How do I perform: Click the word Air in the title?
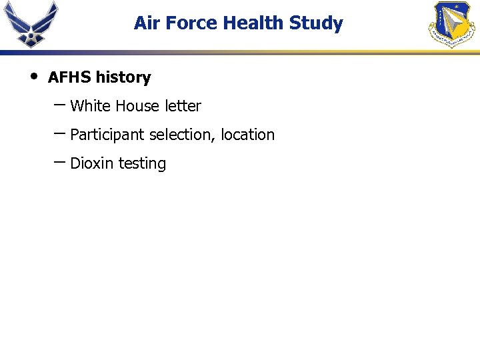pyautogui.click(x=145, y=23)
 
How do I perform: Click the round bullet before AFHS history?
pyautogui.click(x=33, y=75)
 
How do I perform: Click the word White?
pyautogui.click(x=90, y=106)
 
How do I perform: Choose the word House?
pyautogui.click(x=137, y=106)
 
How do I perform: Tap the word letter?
pyautogui.click(x=183, y=106)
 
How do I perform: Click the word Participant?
pyautogui.click(x=107, y=135)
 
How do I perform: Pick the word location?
pyautogui.click(x=247, y=135)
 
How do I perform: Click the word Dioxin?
pyautogui.click(x=92, y=163)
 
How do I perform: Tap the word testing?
pyautogui.click(x=142, y=164)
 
